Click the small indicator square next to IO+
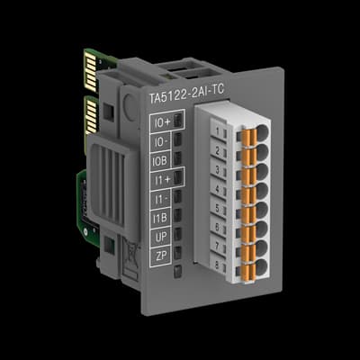[x=178, y=120]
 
